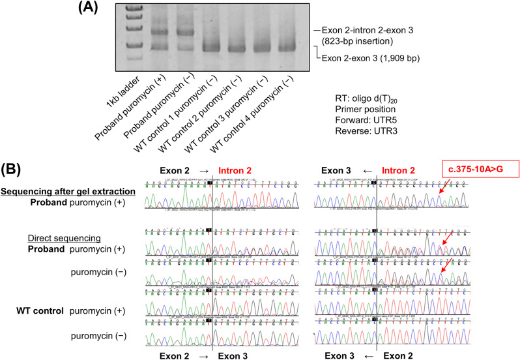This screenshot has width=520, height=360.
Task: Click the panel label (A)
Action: (x=90, y=8)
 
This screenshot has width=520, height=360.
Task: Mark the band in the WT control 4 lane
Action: (x=285, y=47)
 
